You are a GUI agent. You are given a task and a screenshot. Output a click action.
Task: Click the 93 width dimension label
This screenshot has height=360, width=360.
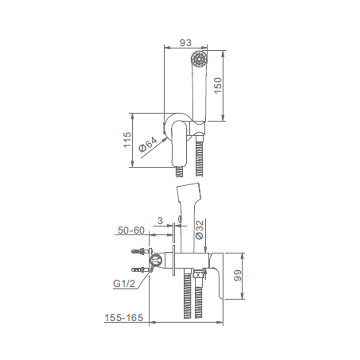185,43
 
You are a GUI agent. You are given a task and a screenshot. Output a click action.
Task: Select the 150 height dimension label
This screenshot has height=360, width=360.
219,85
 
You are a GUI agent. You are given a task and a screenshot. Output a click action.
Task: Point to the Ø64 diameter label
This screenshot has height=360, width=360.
148,144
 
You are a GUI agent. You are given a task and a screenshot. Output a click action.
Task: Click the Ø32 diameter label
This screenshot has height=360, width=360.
200,230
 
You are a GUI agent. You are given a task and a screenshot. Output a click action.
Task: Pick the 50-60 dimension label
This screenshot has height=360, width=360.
131,230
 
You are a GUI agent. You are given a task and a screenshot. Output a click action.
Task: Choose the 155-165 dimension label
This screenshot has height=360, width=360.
124,318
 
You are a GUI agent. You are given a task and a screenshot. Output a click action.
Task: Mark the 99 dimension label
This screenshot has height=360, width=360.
238,275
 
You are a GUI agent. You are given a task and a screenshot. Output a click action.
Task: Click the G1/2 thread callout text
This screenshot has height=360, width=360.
124,284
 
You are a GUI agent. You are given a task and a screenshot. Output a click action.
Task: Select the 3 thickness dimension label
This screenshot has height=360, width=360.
160,221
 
